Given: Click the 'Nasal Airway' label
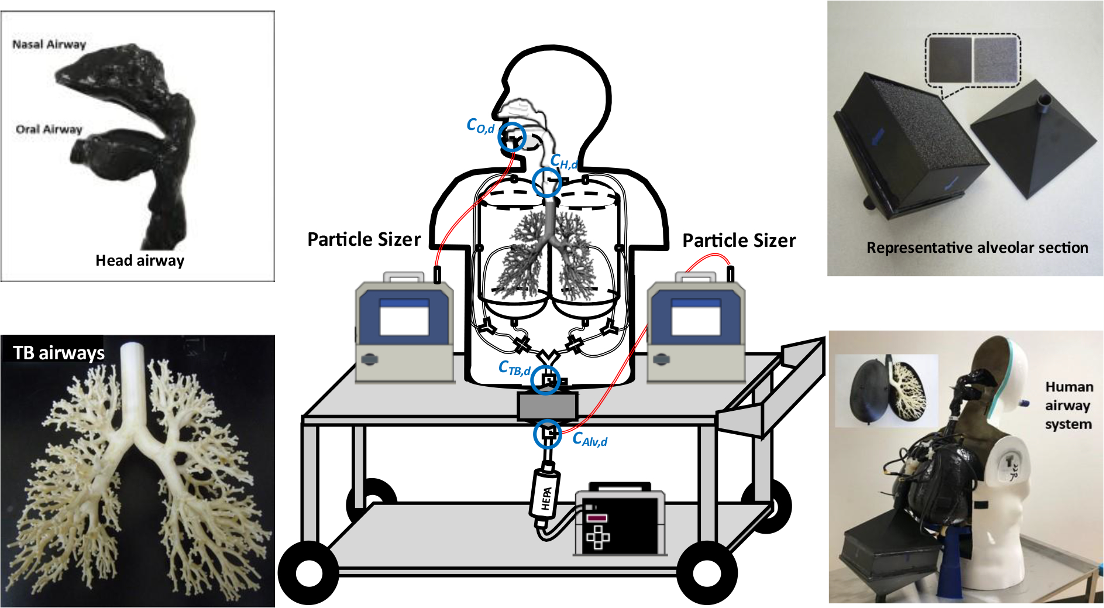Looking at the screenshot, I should tap(49, 44).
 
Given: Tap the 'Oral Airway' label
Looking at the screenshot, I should tap(49, 129).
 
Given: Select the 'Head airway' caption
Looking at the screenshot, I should tap(140, 260).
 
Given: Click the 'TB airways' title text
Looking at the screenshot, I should tap(59, 353).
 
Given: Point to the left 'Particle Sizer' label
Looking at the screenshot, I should tap(364, 239).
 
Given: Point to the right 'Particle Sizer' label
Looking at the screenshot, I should tap(739, 241).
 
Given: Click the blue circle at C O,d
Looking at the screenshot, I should tap(512, 137).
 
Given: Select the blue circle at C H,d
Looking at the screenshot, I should tap(547, 182).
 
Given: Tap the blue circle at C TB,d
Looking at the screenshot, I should tap(545, 380).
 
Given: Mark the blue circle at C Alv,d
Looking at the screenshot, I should tap(548, 434).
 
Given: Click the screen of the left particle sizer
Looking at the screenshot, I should tap(404, 318).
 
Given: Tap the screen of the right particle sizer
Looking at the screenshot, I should tap(696, 318).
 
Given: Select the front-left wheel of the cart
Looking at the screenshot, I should tap(308, 573).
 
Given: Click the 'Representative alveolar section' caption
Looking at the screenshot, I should tap(977, 248).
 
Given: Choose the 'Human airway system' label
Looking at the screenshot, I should tap(1068, 406).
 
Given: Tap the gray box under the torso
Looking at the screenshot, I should tap(548, 406).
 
